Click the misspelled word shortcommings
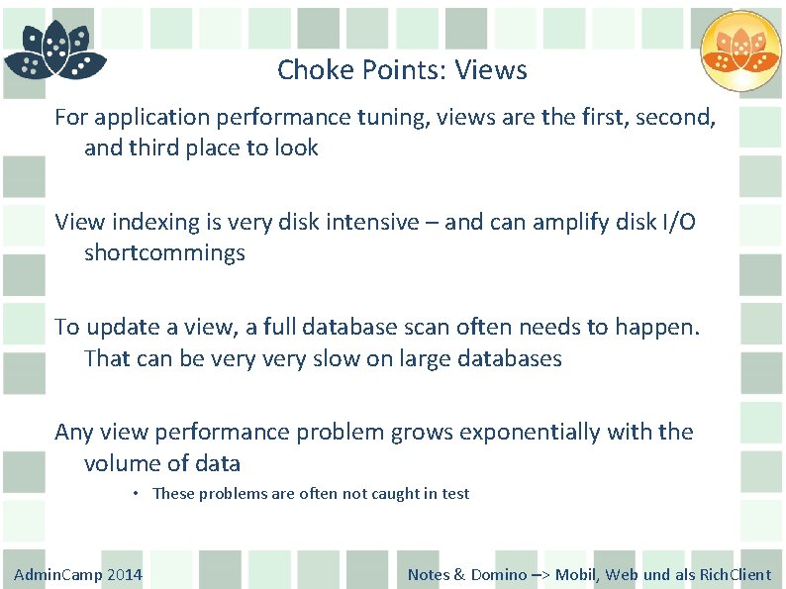[164, 253]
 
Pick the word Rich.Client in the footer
[736, 575]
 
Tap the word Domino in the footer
[498, 575]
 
